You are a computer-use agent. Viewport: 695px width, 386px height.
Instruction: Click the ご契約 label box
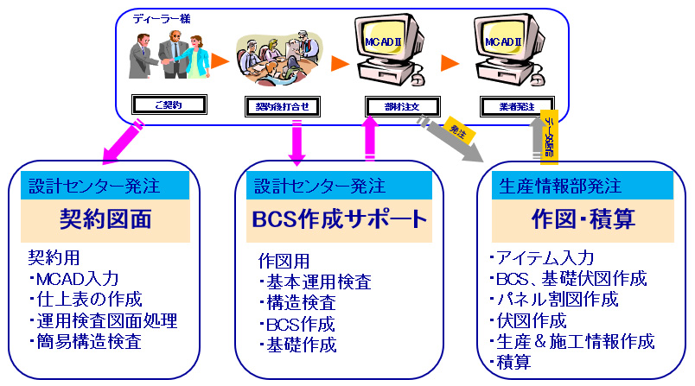(169, 105)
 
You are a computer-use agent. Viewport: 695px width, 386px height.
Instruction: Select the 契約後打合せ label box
(277, 106)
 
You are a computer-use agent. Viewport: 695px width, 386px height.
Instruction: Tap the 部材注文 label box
(402, 106)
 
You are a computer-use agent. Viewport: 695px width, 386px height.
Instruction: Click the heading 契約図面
(105, 219)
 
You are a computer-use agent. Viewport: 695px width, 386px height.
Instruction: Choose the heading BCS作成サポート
(340, 219)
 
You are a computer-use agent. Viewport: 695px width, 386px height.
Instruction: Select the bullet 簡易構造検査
(85, 342)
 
